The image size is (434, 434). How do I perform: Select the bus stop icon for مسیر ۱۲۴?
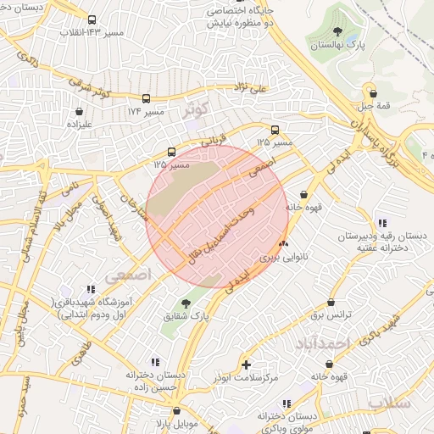pyautogui.click(x=147, y=98)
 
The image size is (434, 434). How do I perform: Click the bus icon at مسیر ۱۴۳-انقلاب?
pyautogui.click(x=92, y=19)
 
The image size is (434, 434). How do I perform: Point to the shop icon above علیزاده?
pyautogui.click(x=79, y=110)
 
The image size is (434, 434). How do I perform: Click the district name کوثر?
pyautogui.click(x=194, y=111)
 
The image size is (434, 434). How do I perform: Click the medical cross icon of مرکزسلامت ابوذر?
pyautogui.click(x=247, y=364)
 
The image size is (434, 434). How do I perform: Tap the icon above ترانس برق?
pyautogui.click(x=330, y=301)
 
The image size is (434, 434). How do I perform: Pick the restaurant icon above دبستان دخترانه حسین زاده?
pyautogui.click(x=153, y=362)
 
